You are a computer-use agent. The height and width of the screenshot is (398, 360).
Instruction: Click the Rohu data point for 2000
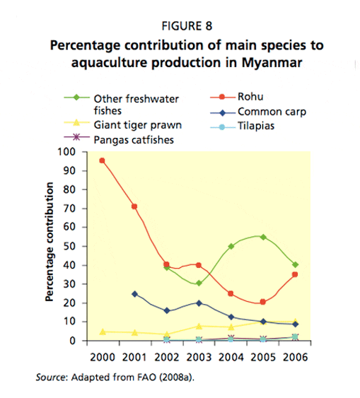[x=102, y=160]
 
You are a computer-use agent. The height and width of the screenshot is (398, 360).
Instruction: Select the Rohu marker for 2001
[x=134, y=206]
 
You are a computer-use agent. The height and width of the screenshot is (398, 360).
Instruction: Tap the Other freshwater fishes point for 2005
[x=263, y=238]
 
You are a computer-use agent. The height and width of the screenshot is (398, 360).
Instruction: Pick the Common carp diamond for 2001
[x=134, y=294]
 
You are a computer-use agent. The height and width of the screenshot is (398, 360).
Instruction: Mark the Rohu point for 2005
[x=263, y=302]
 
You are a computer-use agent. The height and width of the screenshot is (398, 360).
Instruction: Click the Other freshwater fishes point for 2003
[x=199, y=283]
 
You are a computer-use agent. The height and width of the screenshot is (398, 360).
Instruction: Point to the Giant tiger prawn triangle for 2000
[x=103, y=332]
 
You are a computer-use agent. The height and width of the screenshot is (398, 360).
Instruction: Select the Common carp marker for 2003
[x=199, y=303]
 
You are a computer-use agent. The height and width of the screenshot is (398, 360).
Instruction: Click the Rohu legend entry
[x=237, y=97]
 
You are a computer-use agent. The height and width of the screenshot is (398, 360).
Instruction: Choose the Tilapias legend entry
[x=242, y=126]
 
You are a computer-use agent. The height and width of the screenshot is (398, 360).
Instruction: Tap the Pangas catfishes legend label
[x=134, y=140]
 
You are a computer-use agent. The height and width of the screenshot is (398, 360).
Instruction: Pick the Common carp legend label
[x=272, y=112]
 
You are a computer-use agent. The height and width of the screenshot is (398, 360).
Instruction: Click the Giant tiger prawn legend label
[x=138, y=125]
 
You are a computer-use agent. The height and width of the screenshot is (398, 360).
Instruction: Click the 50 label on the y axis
[x=69, y=246]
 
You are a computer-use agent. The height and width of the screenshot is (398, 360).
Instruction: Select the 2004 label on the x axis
[x=231, y=358]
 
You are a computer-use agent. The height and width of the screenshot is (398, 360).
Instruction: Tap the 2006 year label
[x=295, y=358]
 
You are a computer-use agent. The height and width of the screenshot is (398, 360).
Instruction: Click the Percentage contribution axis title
[x=50, y=242]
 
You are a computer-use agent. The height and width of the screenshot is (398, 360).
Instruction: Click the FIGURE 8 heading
[x=187, y=26]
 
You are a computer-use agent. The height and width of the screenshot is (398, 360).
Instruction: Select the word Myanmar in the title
[x=272, y=63]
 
